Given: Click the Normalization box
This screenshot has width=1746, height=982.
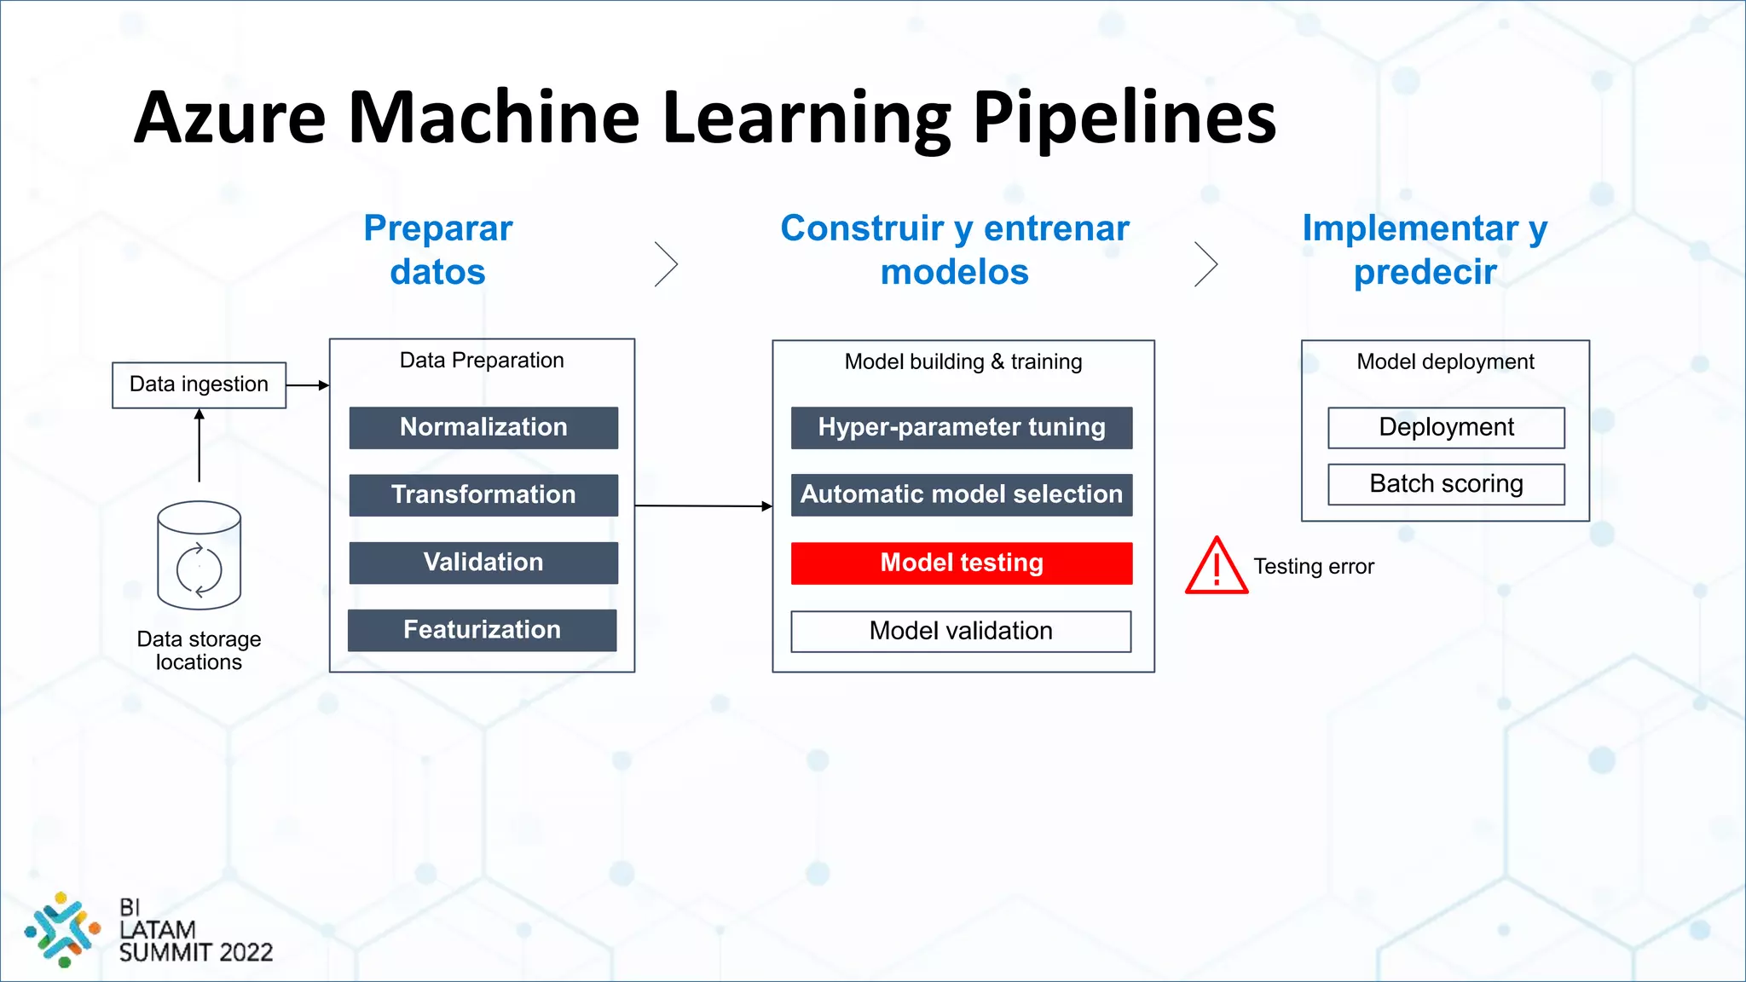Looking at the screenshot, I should click(483, 427).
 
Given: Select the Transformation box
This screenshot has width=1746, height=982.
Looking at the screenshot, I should click(483, 494).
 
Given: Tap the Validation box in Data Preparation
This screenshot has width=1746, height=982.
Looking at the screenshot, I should click(483, 563).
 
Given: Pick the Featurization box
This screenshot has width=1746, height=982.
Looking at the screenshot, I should click(482, 630).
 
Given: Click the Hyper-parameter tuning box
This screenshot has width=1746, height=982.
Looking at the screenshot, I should click(962, 427).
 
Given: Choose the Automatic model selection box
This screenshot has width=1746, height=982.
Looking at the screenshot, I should click(962, 494).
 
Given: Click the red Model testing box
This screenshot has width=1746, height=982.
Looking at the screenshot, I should click(962, 563).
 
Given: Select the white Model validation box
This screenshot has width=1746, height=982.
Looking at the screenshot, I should click(961, 631).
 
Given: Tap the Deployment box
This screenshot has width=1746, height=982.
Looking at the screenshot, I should click(1446, 427).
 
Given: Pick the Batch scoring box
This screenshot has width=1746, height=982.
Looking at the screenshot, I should click(1446, 483).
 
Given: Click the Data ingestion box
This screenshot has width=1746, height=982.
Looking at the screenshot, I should click(199, 384).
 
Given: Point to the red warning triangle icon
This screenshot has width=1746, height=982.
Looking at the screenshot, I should click(1217, 567).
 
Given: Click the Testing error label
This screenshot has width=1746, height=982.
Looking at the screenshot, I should click(1314, 567).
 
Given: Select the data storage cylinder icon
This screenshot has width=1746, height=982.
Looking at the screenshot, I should click(199, 555).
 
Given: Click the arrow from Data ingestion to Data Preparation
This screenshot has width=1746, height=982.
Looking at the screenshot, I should click(308, 385).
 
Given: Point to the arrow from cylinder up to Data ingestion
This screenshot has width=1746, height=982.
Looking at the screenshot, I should click(199, 445).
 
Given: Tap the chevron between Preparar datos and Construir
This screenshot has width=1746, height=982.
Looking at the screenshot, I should click(667, 263).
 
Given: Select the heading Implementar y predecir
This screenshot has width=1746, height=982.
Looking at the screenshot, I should click(1425, 250).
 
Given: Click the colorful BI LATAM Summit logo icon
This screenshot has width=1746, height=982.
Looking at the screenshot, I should click(61, 929).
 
